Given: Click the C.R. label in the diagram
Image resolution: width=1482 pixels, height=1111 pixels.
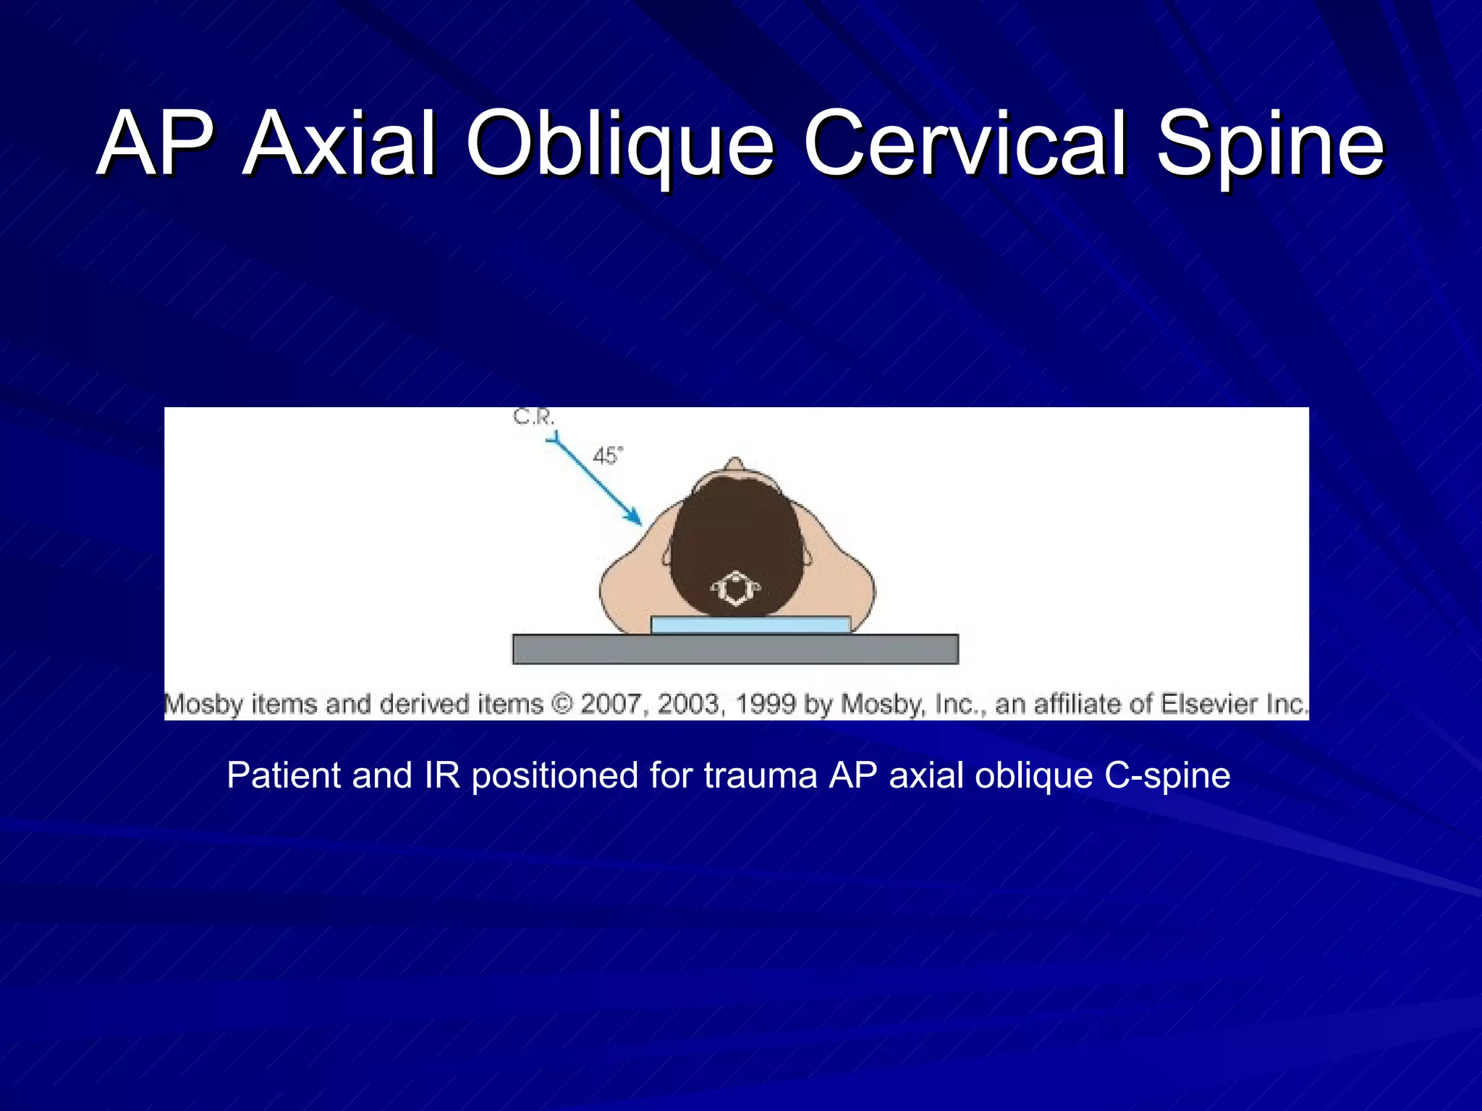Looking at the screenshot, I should pyautogui.click(x=533, y=417).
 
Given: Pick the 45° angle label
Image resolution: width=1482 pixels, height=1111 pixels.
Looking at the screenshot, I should pyautogui.click(x=607, y=456).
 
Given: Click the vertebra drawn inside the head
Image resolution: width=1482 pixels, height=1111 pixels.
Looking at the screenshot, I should pyautogui.click(x=736, y=588).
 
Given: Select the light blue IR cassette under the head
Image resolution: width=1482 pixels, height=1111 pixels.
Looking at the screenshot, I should pyautogui.click(x=750, y=625).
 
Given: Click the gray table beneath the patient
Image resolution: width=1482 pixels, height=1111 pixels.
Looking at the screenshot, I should pyautogui.click(x=735, y=649).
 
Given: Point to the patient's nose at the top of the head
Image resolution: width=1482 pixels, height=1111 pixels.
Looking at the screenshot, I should pyautogui.click(x=734, y=464).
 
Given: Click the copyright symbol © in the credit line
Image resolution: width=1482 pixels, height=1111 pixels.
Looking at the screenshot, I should pyautogui.click(x=561, y=704).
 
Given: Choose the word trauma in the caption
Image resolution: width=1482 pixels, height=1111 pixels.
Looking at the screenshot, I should pyautogui.click(x=760, y=775).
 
